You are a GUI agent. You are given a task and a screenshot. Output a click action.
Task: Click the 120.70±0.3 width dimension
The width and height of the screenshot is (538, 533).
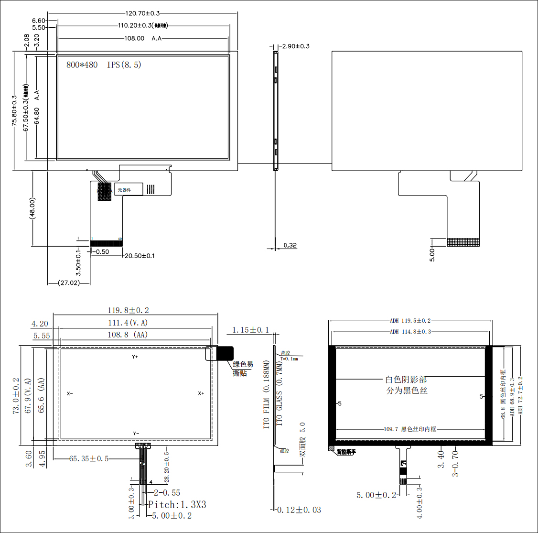(x=142, y=13)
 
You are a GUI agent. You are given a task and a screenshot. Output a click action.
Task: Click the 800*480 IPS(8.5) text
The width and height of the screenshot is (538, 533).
(x=104, y=65)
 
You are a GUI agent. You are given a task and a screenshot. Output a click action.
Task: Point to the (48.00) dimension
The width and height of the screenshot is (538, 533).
(x=32, y=208)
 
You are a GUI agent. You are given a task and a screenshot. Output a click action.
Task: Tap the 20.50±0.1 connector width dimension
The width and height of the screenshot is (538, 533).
(x=140, y=256)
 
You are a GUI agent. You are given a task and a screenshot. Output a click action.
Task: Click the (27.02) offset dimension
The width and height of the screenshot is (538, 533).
(x=69, y=283)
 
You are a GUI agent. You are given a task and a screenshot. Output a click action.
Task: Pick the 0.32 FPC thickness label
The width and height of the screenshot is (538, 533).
(x=290, y=245)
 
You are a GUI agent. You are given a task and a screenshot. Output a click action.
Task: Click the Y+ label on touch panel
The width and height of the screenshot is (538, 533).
(x=135, y=357)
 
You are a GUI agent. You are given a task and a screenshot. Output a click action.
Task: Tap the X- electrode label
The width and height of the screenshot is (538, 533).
(x=70, y=393)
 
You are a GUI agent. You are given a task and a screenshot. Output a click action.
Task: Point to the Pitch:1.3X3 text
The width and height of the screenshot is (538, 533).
(x=177, y=505)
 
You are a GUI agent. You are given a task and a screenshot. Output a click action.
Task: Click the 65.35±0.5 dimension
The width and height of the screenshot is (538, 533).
(x=89, y=459)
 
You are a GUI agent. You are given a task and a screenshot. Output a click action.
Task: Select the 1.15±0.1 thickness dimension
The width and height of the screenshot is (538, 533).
(x=250, y=330)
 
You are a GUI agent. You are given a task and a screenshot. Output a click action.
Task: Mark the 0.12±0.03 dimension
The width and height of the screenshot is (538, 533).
(x=300, y=510)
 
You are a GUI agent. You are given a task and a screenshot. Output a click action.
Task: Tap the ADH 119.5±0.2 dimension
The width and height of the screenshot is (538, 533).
(x=410, y=321)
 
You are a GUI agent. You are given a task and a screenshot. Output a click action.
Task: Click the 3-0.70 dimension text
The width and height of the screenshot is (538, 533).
(x=455, y=463)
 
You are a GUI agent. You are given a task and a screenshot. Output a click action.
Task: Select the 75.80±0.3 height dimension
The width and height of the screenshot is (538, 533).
(x=14, y=110)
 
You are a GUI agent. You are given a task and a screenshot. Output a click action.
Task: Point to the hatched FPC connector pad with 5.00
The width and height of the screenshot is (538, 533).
(x=463, y=242)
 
